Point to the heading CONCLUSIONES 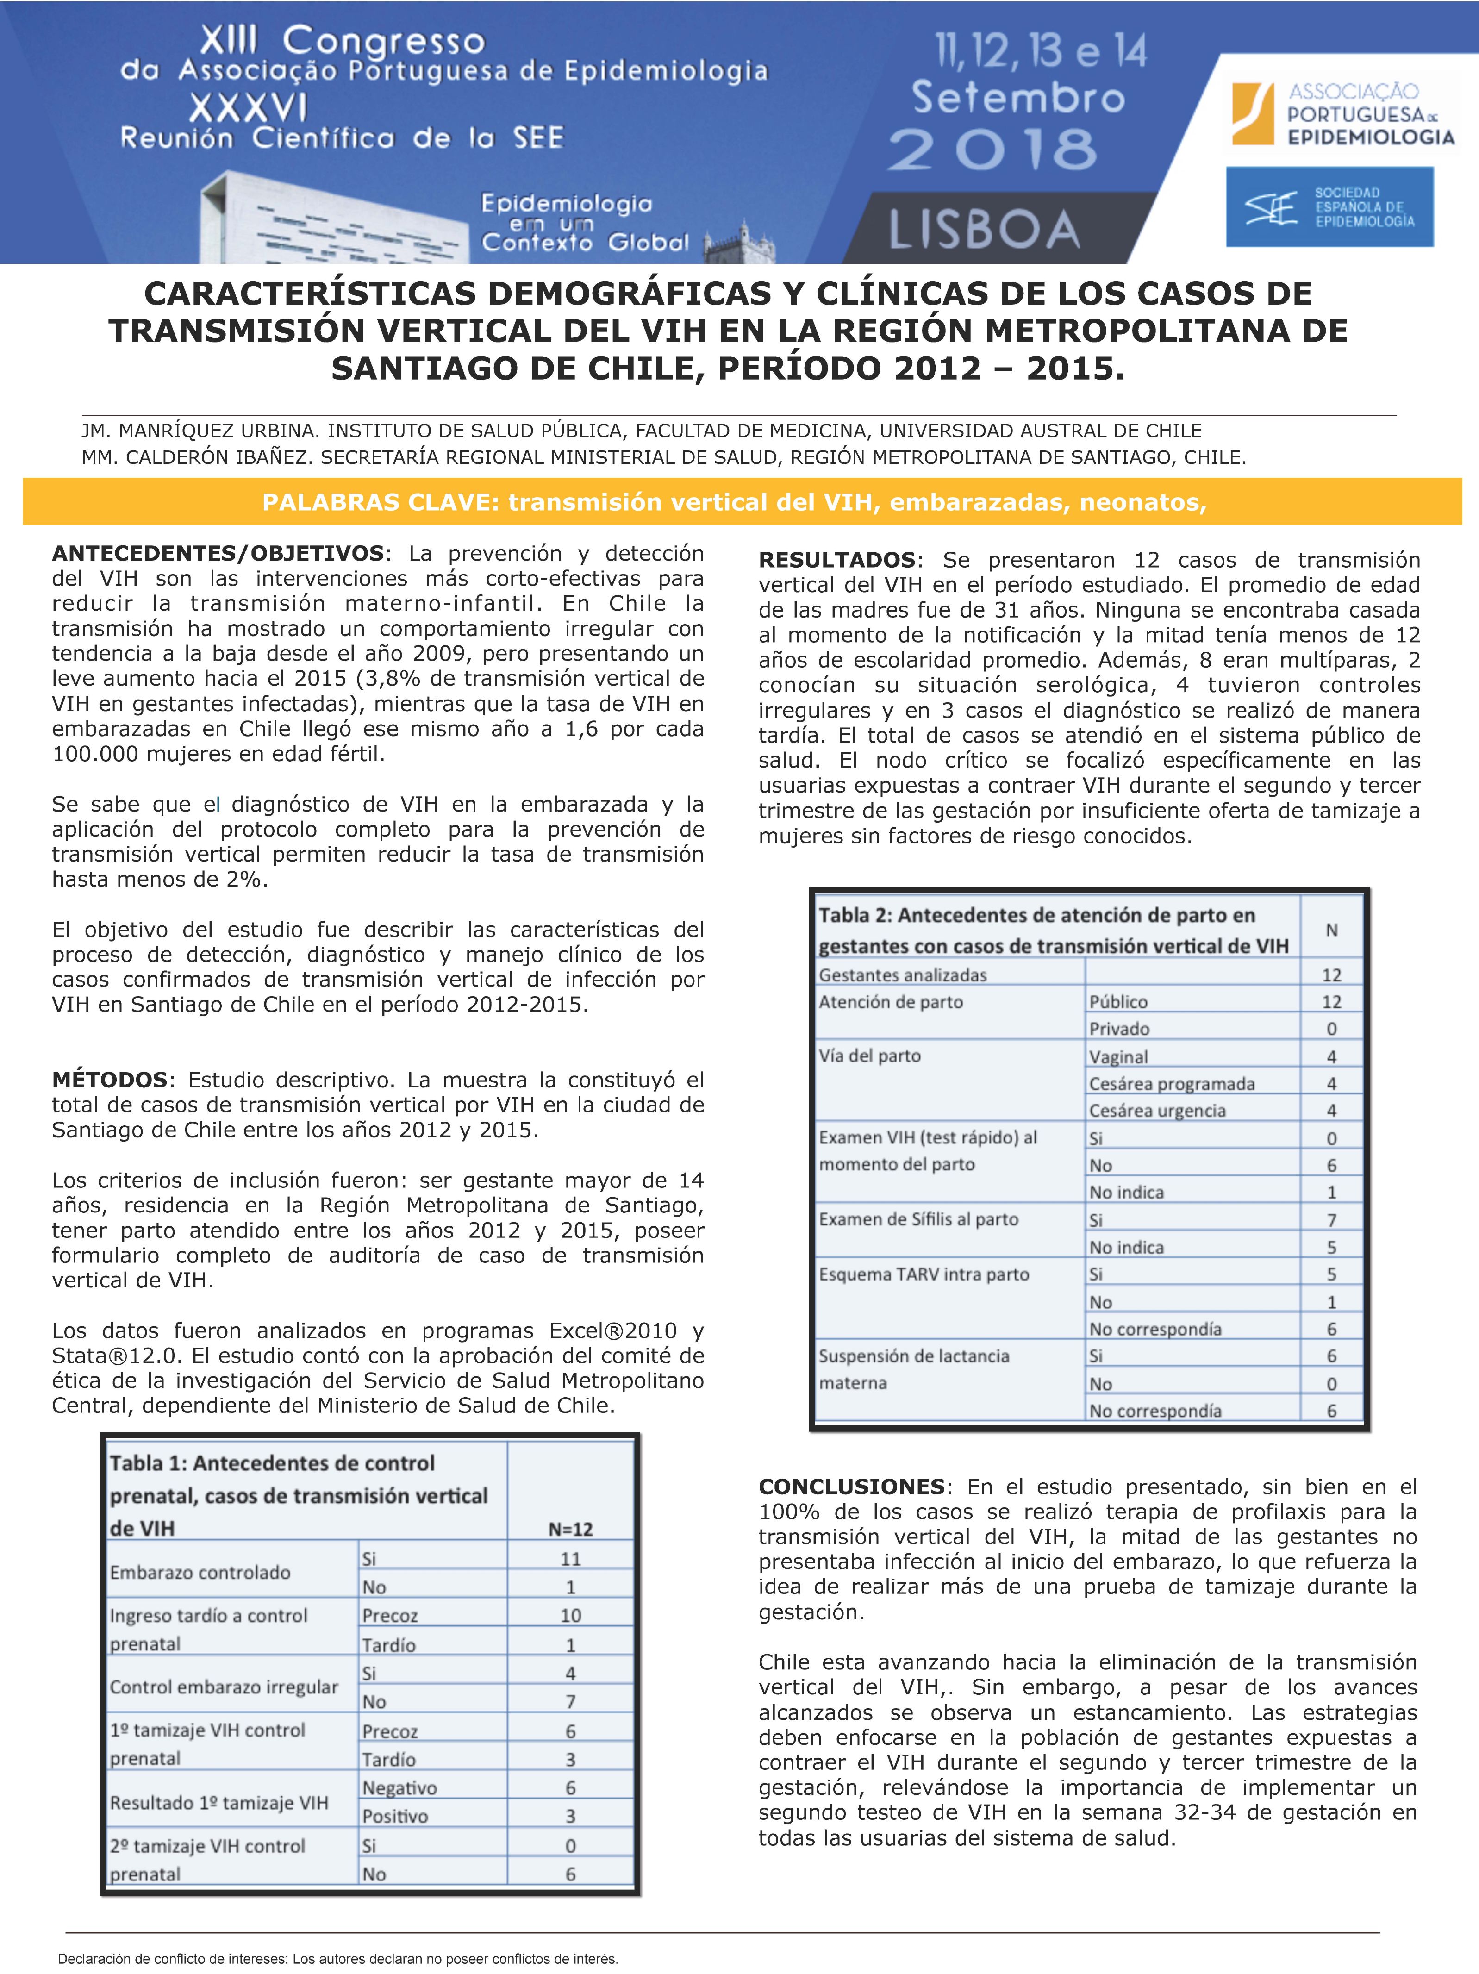coord(851,1487)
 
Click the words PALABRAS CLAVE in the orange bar coord(379,502)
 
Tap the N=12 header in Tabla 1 coord(570,1529)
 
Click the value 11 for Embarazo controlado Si coord(570,1559)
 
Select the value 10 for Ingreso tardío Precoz coord(570,1615)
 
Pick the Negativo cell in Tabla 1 coord(399,1787)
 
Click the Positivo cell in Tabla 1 coord(394,1816)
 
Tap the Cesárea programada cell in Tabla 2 coord(1171,1083)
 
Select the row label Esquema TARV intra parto coord(924,1274)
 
